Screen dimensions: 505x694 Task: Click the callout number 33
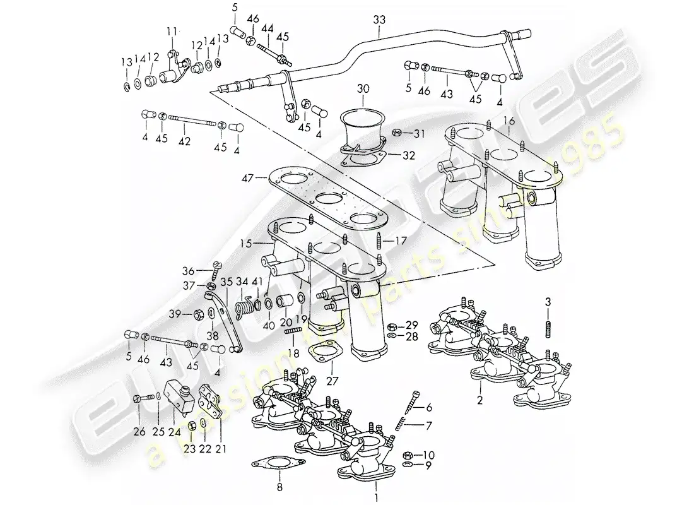[378, 20]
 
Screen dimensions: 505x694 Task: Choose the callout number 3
[548, 300]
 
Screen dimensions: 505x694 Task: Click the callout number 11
[173, 30]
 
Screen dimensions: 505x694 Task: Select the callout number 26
[139, 432]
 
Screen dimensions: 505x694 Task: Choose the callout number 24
[173, 432]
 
